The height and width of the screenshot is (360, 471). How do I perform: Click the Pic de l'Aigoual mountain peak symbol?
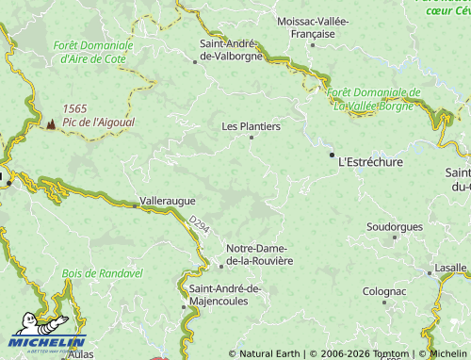51,123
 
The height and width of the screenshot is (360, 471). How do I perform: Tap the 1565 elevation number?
75,108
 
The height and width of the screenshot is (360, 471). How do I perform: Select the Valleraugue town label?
167,201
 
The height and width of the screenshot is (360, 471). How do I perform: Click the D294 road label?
198,224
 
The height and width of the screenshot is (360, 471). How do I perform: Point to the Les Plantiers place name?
251,125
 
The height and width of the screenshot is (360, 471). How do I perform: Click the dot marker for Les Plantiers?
252,138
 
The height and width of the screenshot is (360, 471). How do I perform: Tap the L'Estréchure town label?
369,162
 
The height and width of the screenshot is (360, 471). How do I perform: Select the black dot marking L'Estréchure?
332,154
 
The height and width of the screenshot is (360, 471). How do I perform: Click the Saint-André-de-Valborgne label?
231,50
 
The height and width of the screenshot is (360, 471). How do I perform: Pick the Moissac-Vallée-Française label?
313,26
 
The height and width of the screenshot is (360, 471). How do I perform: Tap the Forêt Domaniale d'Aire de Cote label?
91,51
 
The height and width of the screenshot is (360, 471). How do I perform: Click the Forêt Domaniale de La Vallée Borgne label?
376,99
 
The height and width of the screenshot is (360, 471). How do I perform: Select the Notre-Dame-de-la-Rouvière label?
260,254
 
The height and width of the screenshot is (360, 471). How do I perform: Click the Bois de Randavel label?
102,272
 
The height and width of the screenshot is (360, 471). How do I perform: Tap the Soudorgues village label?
395,227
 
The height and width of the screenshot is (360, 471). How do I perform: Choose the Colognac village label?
384,292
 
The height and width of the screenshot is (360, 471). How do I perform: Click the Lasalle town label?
450,268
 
